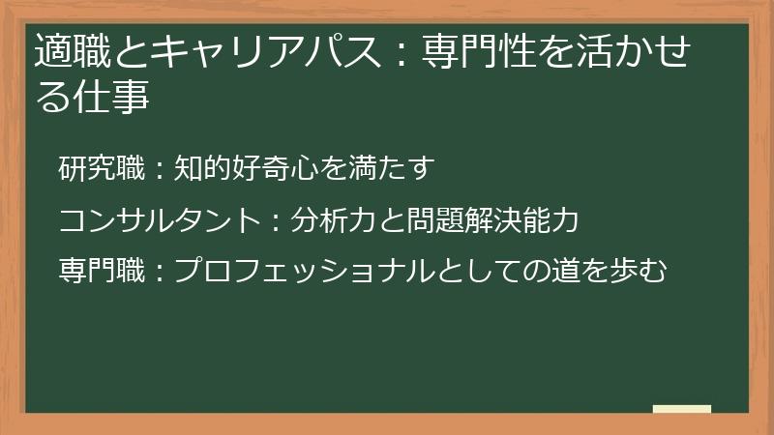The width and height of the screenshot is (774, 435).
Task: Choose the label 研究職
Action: [101, 169]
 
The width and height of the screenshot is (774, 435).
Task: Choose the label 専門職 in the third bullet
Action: [101, 272]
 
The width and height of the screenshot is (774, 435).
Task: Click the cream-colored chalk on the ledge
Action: [681, 409]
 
